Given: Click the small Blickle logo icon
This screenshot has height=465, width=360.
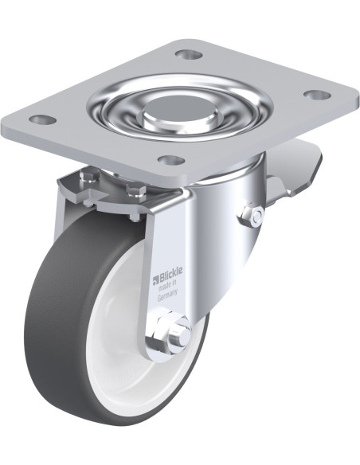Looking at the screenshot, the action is [156, 279].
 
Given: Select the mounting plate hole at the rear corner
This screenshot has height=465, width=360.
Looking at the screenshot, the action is [189, 54].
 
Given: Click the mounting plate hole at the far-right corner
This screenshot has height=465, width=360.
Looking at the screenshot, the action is [318, 96].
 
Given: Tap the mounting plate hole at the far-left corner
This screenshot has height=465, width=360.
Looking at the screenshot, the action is [43, 120].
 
